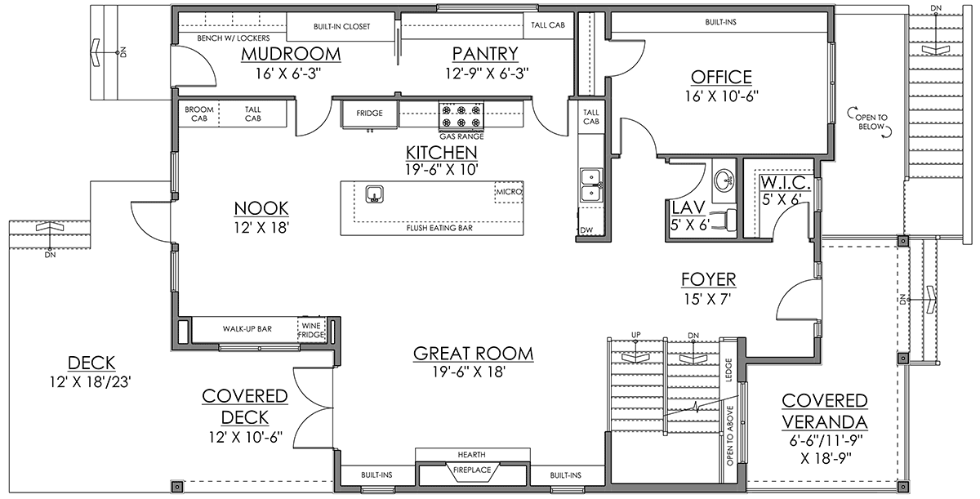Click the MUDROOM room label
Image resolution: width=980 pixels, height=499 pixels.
pyautogui.click(x=291, y=54)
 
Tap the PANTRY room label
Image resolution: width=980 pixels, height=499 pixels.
pyautogui.click(x=485, y=54)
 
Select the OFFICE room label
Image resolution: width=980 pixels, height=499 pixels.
pyautogui.click(x=721, y=77)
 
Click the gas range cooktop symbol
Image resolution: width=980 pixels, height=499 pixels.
pyautogui.click(x=461, y=116)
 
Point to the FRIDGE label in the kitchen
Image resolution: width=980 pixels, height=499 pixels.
pyautogui.click(x=369, y=114)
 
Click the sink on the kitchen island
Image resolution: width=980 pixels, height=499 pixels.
pyautogui.click(x=375, y=194)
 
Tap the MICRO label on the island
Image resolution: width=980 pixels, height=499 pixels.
pyautogui.click(x=509, y=192)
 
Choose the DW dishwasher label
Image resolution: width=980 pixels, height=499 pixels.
pyautogui.click(x=586, y=230)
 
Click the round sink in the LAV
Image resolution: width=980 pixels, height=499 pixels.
pyautogui.click(x=724, y=180)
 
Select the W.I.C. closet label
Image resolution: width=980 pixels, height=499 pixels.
pyautogui.click(x=786, y=183)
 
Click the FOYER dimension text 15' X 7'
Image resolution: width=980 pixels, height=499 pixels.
pyautogui.click(x=708, y=299)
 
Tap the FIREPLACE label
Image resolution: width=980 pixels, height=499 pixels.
pyautogui.click(x=472, y=470)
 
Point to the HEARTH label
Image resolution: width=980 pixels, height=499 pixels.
pyautogui.click(x=472, y=455)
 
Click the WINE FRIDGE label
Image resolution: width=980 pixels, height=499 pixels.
pyautogui.click(x=311, y=330)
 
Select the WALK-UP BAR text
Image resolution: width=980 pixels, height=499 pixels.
pyautogui.click(x=247, y=329)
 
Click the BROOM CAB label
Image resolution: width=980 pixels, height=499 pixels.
pyautogui.click(x=199, y=114)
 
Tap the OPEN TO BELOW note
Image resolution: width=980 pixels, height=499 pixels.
pyautogui.click(x=871, y=122)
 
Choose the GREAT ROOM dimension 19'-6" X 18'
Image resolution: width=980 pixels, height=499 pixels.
pyautogui.click(x=470, y=372)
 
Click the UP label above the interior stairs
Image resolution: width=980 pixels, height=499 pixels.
pyautogui.click(x=635, y=335)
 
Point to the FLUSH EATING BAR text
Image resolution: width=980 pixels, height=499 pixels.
pyautogui.click(x=439, y=228)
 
